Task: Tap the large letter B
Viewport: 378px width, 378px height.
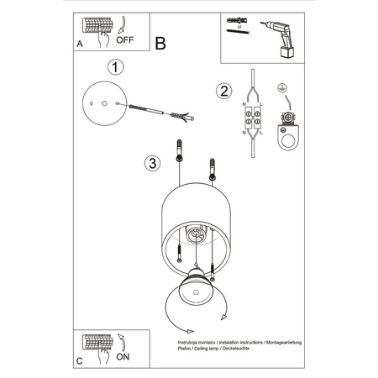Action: [x=161, y=43]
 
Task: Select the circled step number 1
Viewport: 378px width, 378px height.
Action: [x=116, y=66]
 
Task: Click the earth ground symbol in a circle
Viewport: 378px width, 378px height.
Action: [x=282, y=88]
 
